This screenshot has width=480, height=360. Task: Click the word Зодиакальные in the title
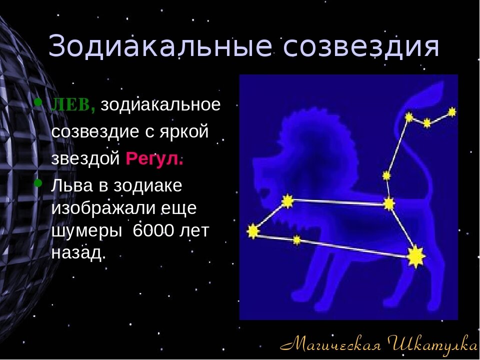tap(160, 46)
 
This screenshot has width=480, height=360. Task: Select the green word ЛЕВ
tap(73, 105)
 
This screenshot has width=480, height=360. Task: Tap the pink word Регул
tap(154, 158)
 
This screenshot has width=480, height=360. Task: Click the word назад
tap(78, 252)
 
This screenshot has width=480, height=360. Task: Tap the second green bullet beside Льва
tap(38, 183)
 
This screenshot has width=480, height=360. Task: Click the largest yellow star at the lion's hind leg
tap(416, 256)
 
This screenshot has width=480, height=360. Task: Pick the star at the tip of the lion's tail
tap(452, 112)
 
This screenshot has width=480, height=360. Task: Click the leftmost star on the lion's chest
tap(253, 231)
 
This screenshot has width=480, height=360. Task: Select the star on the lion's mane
tap(287, 201)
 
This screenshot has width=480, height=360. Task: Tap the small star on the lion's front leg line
tap(297, 240)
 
